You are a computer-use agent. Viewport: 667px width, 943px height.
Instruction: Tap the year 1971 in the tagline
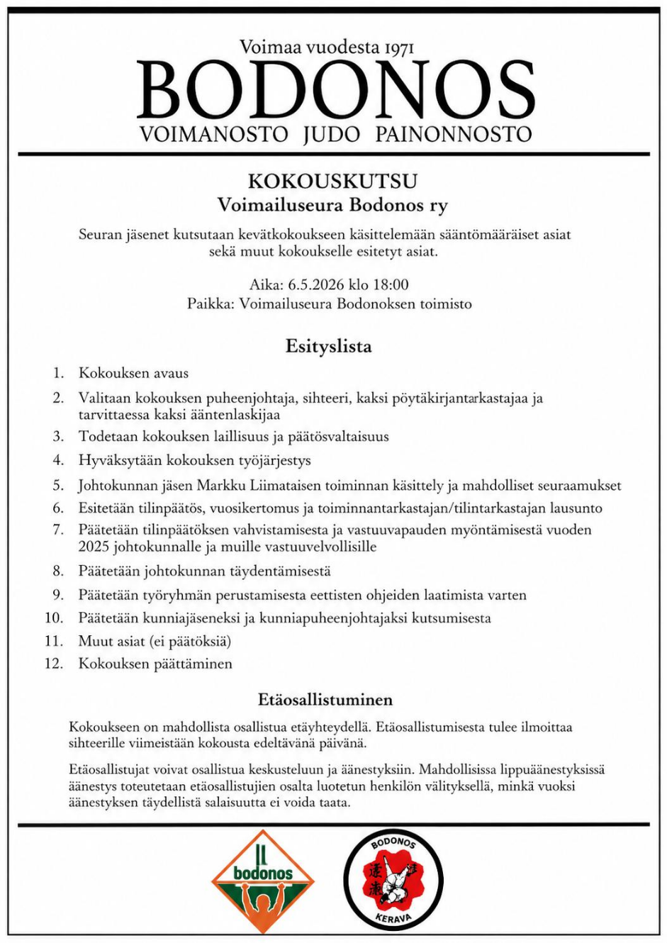pos(399,48)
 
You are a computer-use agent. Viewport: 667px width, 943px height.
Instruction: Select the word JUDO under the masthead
pos(331,134)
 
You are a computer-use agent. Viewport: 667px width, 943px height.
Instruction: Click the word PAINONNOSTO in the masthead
pos(453,134)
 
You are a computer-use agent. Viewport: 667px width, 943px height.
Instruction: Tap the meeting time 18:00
pos(391,285)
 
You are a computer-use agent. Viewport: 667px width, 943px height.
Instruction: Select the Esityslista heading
pos(328,347)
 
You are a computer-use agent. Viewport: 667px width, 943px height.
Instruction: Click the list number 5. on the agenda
pos(58,486)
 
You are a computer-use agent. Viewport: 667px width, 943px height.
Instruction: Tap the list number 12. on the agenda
pos(55,664)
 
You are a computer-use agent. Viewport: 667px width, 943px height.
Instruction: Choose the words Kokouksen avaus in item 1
pos(133,373)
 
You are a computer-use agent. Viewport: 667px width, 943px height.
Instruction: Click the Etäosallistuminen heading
pos(325,700)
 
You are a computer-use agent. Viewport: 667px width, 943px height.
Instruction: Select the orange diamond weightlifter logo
pos(262,881)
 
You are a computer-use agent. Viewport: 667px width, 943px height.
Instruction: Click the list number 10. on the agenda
pos(55,618)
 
